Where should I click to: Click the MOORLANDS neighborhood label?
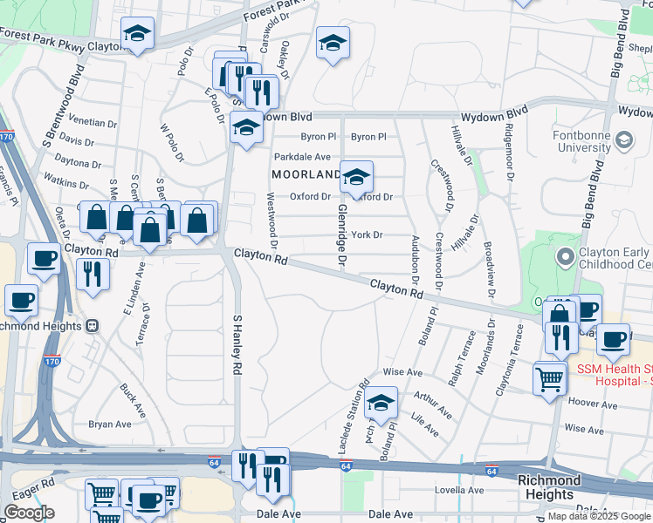[x=306, y=174]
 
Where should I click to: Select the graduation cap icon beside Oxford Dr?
[x=356, y=179]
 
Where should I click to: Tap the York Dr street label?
[x=368, y=235]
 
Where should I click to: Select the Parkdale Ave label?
[x=302, y=157]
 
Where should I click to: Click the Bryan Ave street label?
[x=110, y=425]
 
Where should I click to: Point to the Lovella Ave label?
[x=459, y=490]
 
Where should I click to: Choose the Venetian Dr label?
[x=93, y=123]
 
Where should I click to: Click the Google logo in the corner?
[x=29, y=512]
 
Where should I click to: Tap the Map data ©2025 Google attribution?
[x=599, y=516]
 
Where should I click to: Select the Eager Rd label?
[x=34, y=480]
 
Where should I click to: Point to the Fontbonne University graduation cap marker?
[x=624, y=139]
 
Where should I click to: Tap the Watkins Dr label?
[x=61, y=182]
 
